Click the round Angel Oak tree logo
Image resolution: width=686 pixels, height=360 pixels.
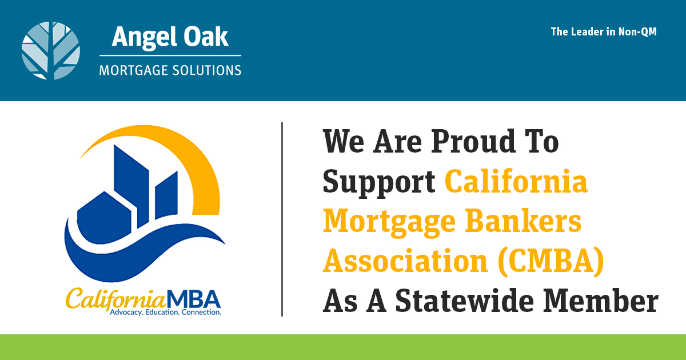(x=50, y=51)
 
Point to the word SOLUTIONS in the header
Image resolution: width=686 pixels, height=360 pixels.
(x=207, y=70)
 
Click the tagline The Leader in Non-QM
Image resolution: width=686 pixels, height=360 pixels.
(x=604, y=32)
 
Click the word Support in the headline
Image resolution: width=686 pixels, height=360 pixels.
(x=379, y=182)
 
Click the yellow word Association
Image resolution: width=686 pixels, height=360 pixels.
(x=405, y=261)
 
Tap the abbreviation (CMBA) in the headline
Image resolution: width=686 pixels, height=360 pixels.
(x=551, y=261)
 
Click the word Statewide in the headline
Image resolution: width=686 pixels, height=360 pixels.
(x=465, y=301)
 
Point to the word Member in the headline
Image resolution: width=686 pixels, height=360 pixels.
(x=601, y=301)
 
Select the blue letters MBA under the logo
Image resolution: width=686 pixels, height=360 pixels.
(x=194, y=299)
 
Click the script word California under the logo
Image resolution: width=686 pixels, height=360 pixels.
(x=115, y=299)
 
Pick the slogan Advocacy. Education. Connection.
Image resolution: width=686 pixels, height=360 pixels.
(x=165, y=312)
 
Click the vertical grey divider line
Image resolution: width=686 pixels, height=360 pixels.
(x=282, y=219)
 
